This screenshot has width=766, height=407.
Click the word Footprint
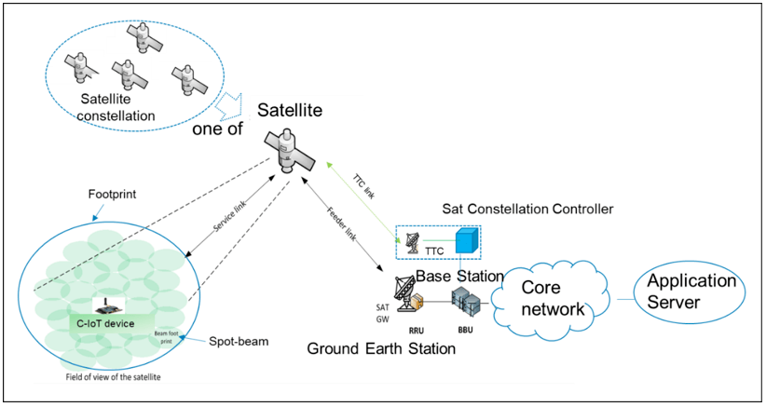pos(114,197)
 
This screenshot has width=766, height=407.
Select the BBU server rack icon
pos(463,301)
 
